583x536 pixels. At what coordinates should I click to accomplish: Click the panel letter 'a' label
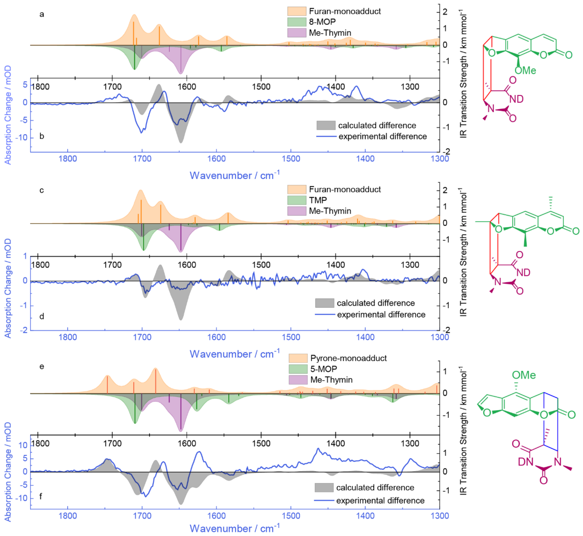pyautogui.click(x=42, y=14)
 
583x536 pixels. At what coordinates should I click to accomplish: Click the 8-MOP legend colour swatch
pyautogui.click(x=297, y=22)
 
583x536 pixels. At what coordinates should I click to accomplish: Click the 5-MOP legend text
pyautogui.click(x=324, y=369)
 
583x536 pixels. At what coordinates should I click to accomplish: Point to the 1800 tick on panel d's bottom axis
pyautogui.click(x=68, y=337)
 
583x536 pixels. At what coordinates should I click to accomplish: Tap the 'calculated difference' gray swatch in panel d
pyautogui.click(x=324, y=303)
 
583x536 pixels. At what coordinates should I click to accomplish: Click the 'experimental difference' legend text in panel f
pyautogui.click(x=380, y=501)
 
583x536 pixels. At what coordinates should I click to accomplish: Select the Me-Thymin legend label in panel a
pyautogui.click(x=330, y=33)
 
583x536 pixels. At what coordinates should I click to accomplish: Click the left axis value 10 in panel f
pyautogui.click(x=23, y=445)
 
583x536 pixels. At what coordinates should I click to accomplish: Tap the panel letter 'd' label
pyautogui.click(x=42, y=316)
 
